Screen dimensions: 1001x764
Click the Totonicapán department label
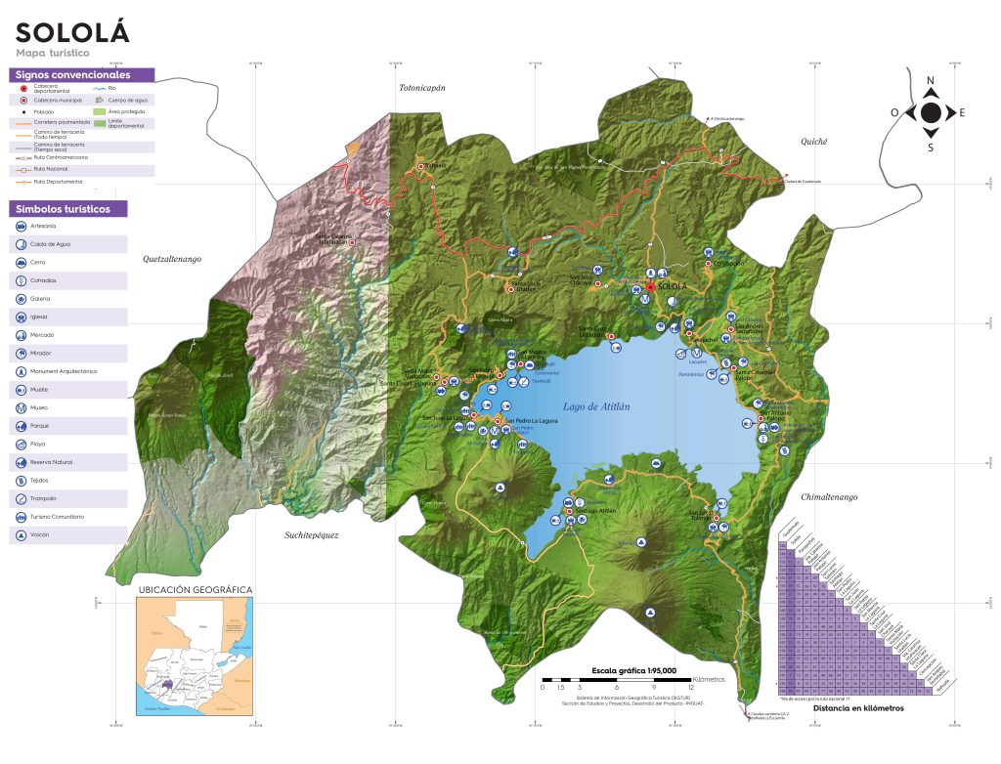[421, 88]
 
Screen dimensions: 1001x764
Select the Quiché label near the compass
[814, 142]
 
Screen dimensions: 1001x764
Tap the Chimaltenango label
[829, 497]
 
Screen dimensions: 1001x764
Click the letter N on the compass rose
[931, 81]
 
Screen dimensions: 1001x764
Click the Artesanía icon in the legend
[22, 226]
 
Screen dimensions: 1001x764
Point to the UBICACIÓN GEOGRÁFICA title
[196, 590]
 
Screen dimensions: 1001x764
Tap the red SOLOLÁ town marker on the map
[650, 287]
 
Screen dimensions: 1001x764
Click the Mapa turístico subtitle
[53, 52]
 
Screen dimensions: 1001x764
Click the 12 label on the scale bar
[691, 688]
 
